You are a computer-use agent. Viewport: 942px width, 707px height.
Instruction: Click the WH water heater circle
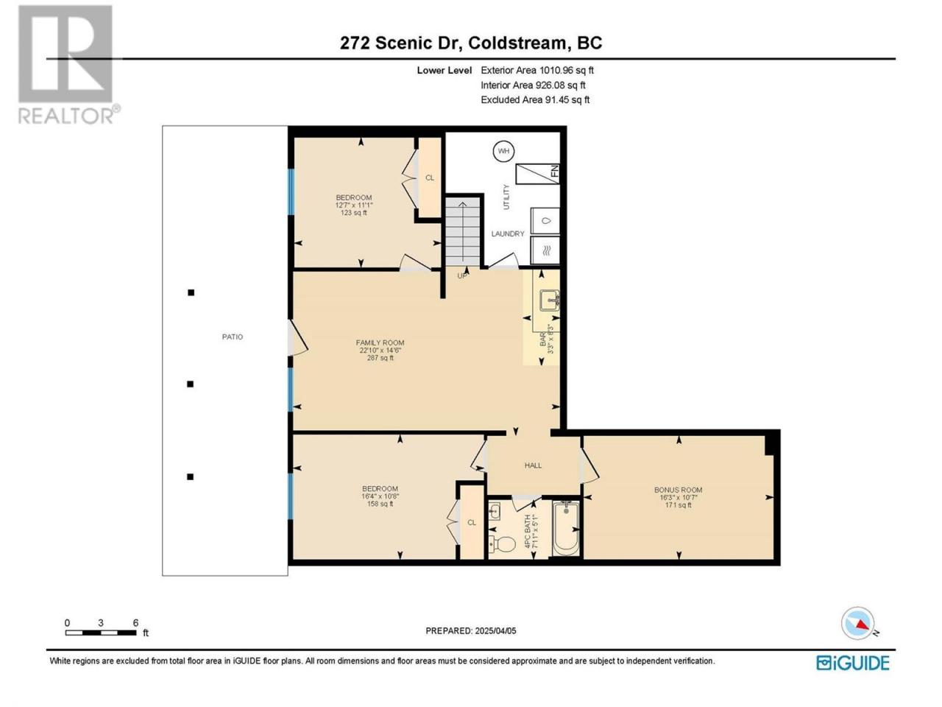503,151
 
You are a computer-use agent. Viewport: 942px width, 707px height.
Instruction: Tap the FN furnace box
537,174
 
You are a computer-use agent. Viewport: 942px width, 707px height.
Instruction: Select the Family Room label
380,342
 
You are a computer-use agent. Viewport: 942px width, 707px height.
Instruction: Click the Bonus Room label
678,490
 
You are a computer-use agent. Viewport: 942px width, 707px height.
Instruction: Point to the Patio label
232,337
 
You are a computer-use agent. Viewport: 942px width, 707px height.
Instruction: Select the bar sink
549,300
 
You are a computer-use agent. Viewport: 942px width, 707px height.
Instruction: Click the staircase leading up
462,232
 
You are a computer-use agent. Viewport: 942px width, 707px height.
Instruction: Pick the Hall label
533,465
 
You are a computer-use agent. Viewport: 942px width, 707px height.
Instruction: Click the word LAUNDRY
508,233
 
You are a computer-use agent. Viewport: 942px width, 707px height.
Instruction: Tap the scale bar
101,633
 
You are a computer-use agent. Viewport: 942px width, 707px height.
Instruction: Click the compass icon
857,623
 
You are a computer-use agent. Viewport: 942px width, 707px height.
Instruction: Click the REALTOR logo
68,64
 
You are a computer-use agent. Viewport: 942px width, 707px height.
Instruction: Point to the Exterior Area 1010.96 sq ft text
537,71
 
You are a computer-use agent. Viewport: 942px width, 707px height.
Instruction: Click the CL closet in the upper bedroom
430,177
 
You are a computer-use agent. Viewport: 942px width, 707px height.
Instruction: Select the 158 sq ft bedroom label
380,504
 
